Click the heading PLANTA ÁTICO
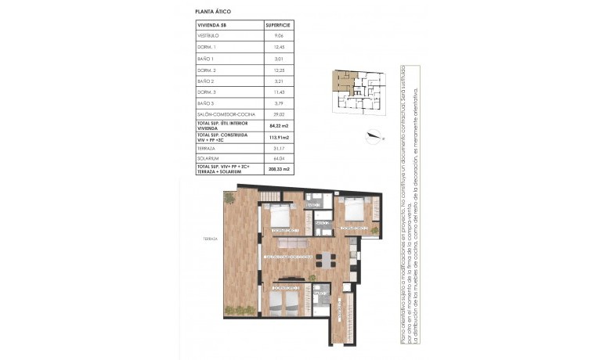pyautogui.click(x=213, y=13)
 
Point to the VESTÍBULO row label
pyautogui.click(x=208, y=35)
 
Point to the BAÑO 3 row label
pyautogui.click(x=205, y=103)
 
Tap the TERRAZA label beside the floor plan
pyautogui.click(x=208, y=239)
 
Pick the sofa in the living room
pyautogui.click(x=291, y=247)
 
